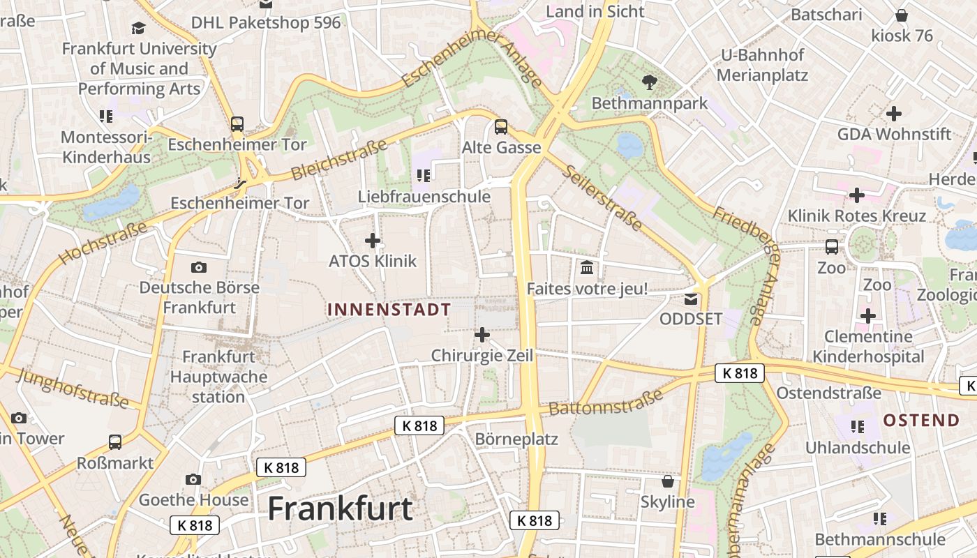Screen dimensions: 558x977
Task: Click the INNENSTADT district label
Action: pyautogui.click(x=389, y=310)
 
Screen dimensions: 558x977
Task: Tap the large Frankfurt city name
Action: pyautogui.click(x=341, y=508)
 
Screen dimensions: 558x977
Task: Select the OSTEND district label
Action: pyautogui.click(x=921, y=420)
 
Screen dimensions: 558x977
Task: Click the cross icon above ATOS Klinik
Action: pyautogui.click(x=373, y=241)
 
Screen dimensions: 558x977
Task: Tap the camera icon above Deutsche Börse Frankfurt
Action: pyautogui.click(x=199, y=267)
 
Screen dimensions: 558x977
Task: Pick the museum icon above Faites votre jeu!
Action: pyautogui.click(x=587, y=267)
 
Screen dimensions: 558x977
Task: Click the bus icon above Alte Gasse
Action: pyautogui.click(x=501, y=127)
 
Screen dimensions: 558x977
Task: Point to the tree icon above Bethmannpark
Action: pyautogui.click(x=650, y=82)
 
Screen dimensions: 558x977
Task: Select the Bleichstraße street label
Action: pyautogui.click(x=338, y=160)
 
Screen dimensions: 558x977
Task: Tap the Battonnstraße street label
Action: pyautogui.click(x=605, y=402)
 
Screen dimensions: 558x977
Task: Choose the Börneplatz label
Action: pyautogui.click(x=516, y=439)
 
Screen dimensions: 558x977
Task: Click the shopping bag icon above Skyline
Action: pyautogui.click(x=668, y=481)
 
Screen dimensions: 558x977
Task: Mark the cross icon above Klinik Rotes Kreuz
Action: pyautogui.click(x=856, y=195)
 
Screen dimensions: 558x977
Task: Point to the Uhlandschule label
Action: pyautogui.click(x=858, y=447)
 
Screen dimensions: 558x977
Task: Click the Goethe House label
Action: pyautogui.click(x=193, y=499)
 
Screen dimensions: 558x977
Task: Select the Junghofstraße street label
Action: pyautogui.click(x=73, y=389)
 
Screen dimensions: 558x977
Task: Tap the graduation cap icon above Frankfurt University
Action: pyautogui.click(x=139, y=29)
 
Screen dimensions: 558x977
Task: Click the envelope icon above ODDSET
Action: pyautogui.click(x=690, y=299)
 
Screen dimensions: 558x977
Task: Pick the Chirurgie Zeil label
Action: pyautogui.click(x=482, y=356)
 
